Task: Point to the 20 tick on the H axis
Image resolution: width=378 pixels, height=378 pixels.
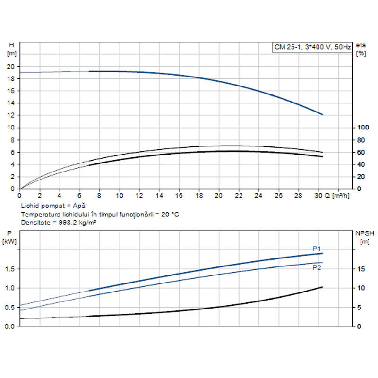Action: point(12,67)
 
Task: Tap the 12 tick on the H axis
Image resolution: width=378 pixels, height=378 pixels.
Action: point(12,115)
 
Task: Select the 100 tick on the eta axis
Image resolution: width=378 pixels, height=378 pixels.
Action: point(361,128)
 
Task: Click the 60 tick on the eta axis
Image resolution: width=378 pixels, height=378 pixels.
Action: point(360,152)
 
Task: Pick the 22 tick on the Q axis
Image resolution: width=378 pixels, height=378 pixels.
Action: point(239,195)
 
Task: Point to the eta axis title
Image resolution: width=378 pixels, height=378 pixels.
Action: point(361,45)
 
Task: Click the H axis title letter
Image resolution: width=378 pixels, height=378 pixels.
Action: point(11,45)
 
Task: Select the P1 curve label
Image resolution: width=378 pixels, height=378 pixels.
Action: point(317,249)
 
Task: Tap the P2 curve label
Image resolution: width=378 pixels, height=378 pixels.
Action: point(317,267)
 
